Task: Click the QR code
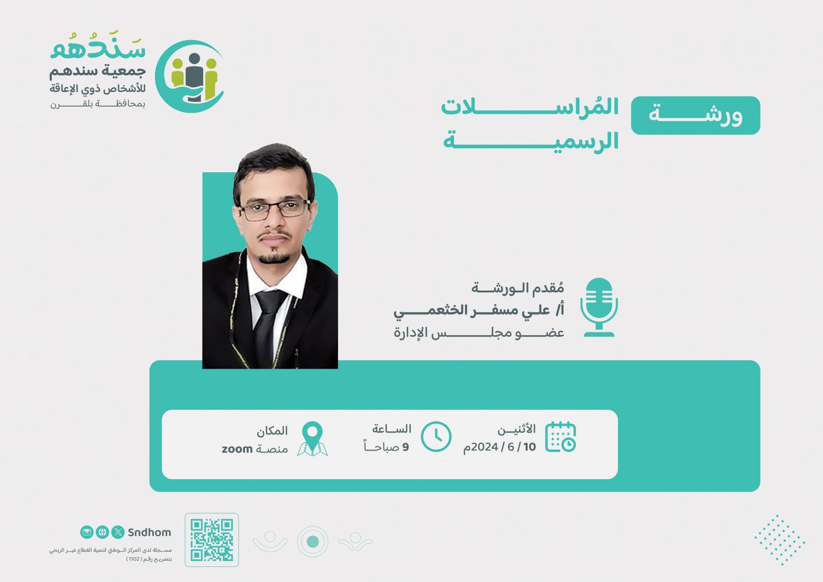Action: coord(211,540)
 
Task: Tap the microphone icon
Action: coord(599,307)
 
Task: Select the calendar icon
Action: coord(561,437)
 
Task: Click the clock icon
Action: coord(436,436)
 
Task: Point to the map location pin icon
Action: coord(312,439)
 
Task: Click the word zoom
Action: coord(237,449)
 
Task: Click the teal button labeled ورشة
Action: coord(695,115)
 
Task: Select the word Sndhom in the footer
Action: coord(149,533)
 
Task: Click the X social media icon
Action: coord(118,532)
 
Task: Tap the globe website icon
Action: coord(102,532)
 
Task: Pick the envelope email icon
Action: coord(87,532)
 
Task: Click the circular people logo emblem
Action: coord(190,77)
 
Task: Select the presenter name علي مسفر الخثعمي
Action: coord(472,310)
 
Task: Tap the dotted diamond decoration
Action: coord(780,540)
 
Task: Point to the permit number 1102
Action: coord(134,559)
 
